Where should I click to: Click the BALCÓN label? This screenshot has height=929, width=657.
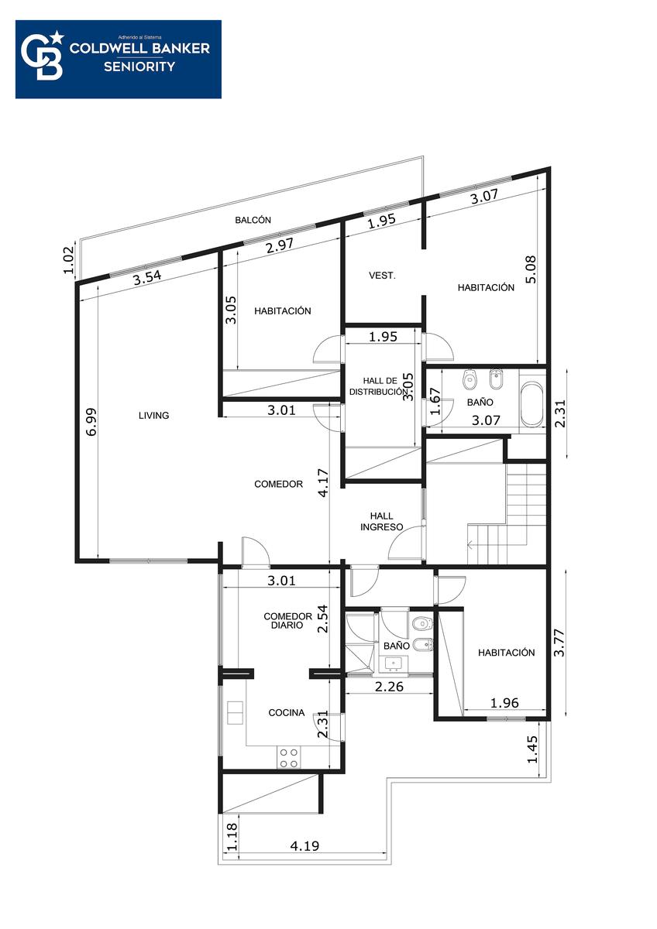coord(253,220)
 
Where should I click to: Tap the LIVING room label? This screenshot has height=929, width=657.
coord(153,415)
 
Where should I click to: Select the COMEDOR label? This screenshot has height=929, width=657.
coord(278,484)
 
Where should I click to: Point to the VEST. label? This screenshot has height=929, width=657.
coord(382,275)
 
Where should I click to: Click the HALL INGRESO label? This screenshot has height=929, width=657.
coord(381,521)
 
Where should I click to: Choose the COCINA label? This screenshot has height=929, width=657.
coord(287,712)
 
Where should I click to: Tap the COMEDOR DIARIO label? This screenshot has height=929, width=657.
coord(287,620)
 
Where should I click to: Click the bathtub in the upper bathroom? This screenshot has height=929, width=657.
coord(531,405)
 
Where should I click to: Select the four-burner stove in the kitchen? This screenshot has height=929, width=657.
coord(288,758)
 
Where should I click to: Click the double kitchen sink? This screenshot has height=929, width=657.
coord(235,712)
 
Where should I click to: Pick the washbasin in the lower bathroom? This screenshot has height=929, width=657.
coord(393,664)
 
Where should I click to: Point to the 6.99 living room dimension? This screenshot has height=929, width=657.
coord(91,422)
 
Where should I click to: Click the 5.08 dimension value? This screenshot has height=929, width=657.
coord(531,269)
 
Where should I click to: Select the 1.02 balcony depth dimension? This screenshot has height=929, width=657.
coord(68,260)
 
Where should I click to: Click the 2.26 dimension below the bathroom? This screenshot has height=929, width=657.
coord(389,687)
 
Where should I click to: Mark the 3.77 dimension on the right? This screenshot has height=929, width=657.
coord(559,643)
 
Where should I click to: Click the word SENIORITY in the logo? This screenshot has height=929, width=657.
coord(139,67)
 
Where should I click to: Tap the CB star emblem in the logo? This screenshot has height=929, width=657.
coord(43,56)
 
